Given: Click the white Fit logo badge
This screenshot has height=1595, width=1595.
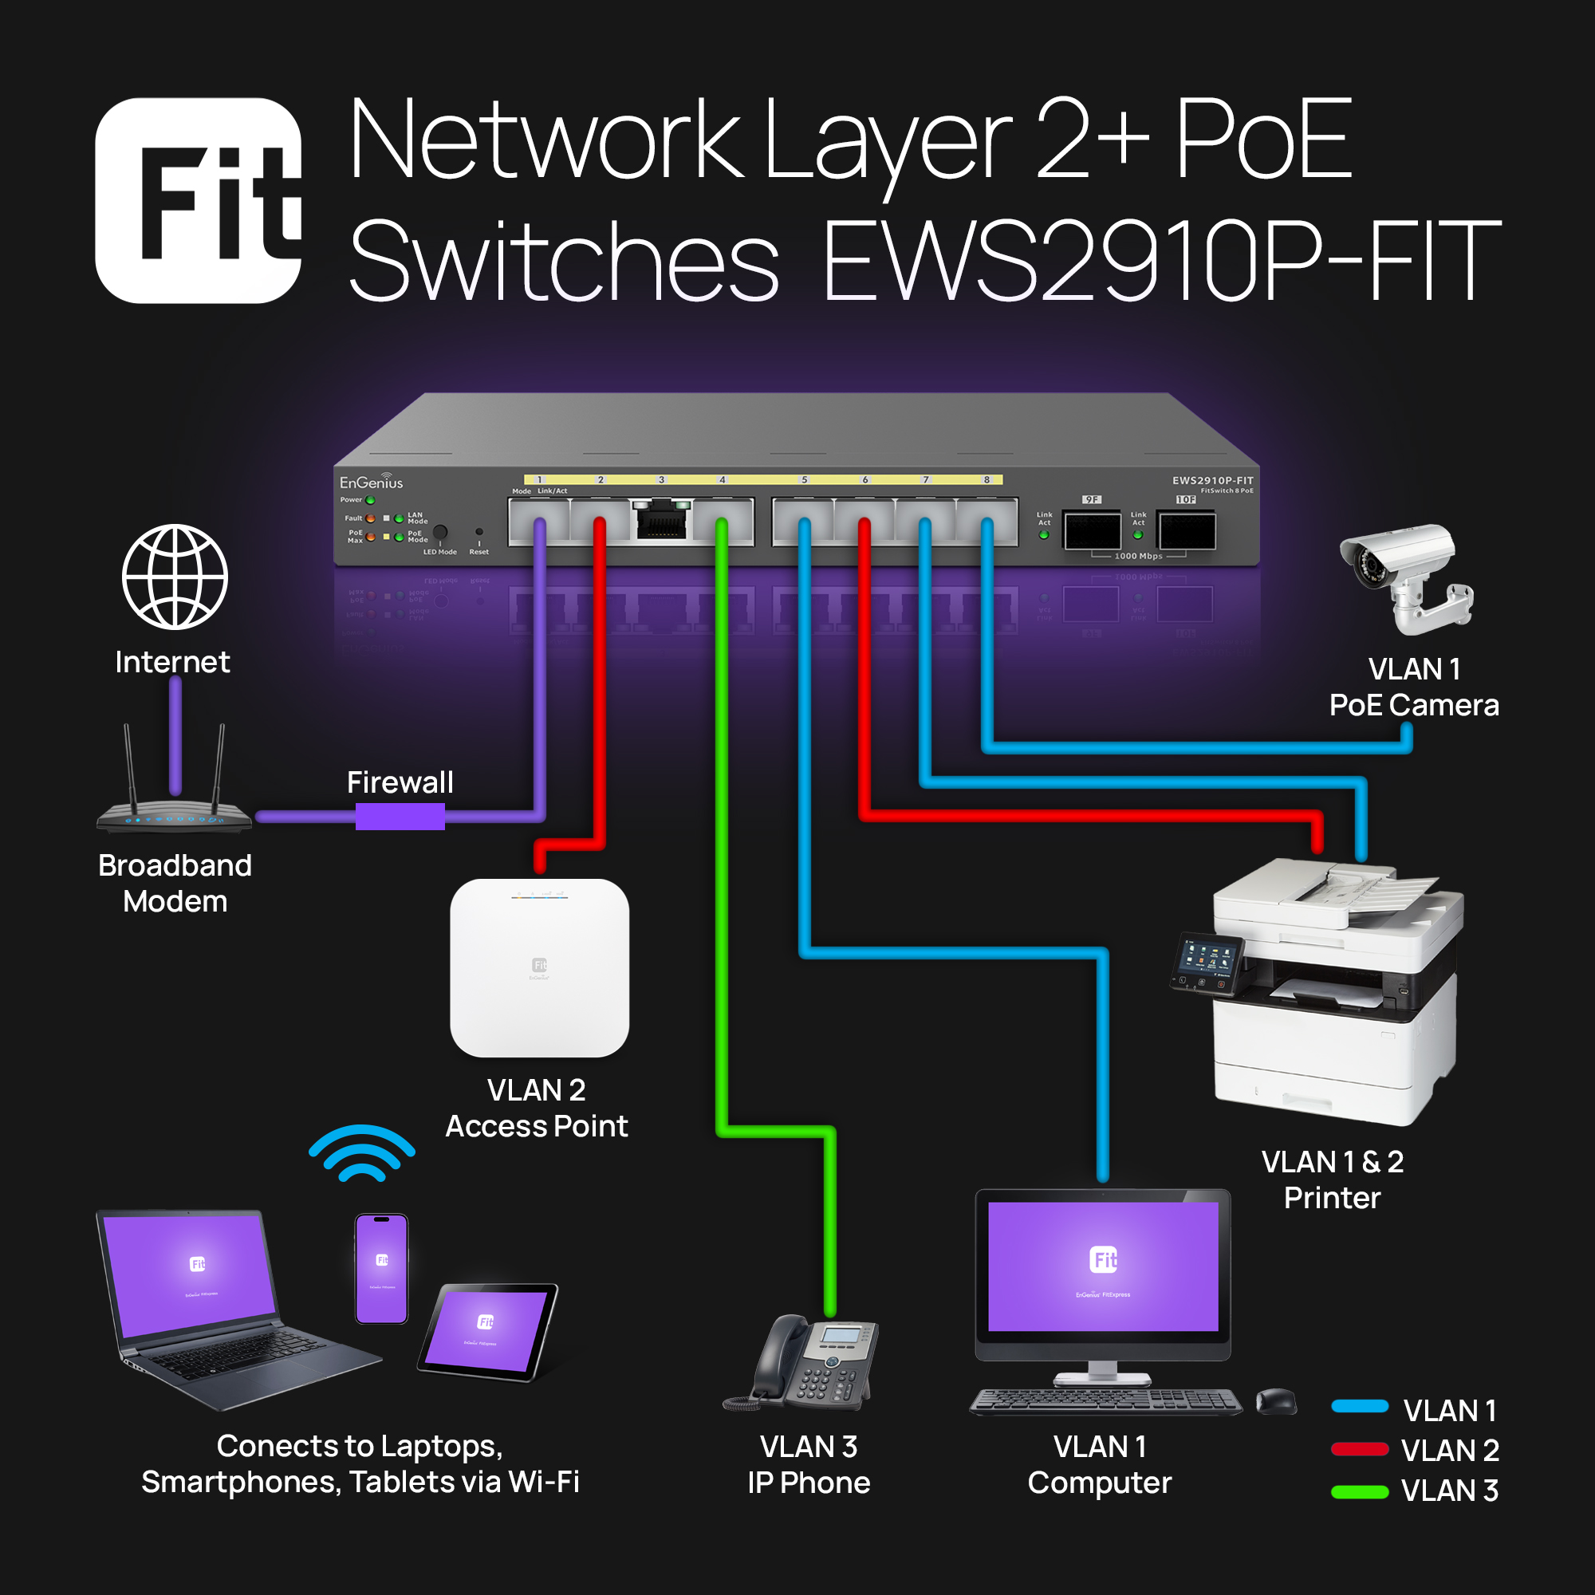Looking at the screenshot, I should (x=198, y=201).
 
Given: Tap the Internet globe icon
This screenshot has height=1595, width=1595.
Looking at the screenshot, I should (x=175, y=577).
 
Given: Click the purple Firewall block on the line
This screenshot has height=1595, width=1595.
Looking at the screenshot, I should (x=400, y=817).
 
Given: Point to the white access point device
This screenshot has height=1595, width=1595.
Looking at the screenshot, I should (x=539, y=967).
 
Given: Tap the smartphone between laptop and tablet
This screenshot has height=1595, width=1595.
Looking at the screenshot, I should (x=381, y=1268).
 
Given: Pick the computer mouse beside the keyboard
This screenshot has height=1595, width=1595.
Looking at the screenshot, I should (x=1276, y=1401).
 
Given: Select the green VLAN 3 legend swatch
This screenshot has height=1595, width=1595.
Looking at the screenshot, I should (x=1360, y=1492).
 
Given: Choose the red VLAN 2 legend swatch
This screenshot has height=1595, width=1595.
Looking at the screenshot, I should (x=1360, y=1450).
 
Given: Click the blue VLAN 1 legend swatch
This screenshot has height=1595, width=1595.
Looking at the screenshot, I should (x=1360, y=1408).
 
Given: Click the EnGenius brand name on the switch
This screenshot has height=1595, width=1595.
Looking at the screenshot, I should (x=372, y=482).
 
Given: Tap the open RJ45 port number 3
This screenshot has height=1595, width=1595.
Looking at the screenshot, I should (x=661, y=520).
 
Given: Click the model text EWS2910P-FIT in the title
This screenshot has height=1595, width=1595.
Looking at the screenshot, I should (x=1160, y=260).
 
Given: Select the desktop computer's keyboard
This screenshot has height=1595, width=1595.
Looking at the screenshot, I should (x=1105, y=1401).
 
